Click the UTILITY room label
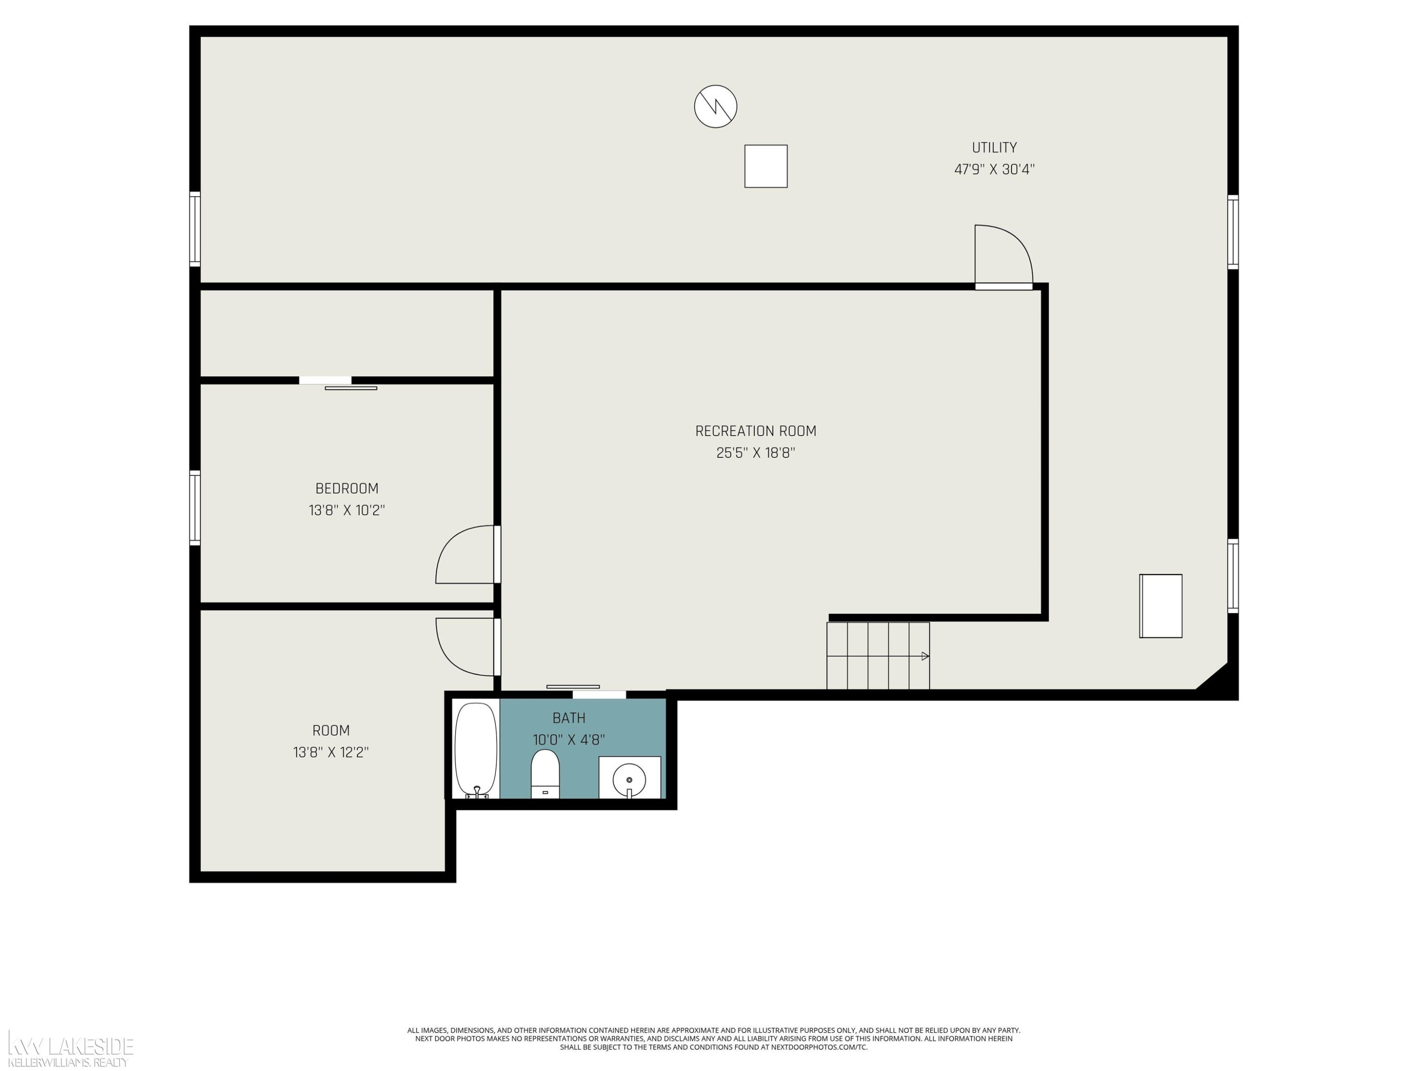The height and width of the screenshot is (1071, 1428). [994, 147]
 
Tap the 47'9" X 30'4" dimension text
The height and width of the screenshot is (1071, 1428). [994, 169]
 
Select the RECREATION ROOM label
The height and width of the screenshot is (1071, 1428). [755, 431]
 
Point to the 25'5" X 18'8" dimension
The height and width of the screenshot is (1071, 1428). [755, 453]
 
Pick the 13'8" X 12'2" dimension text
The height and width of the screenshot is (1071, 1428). [330, 752]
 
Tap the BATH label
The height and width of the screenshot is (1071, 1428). [569, 717]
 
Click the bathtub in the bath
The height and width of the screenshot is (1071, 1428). [476, 750]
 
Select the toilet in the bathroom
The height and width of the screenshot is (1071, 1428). [545, 773]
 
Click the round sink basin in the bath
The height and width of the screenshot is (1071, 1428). [629, 779]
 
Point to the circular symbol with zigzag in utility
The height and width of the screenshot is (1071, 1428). [715, 106]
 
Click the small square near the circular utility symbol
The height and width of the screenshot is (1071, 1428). [765, 166]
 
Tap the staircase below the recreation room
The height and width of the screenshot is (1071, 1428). [878, 655]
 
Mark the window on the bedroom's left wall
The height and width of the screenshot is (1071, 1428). [194, 507]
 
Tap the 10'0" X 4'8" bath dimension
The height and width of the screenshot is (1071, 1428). [569, 739]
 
